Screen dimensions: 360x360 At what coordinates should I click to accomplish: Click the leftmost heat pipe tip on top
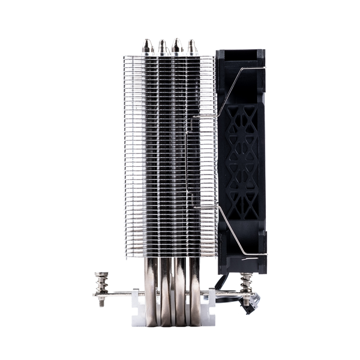(x=146, y=46)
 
